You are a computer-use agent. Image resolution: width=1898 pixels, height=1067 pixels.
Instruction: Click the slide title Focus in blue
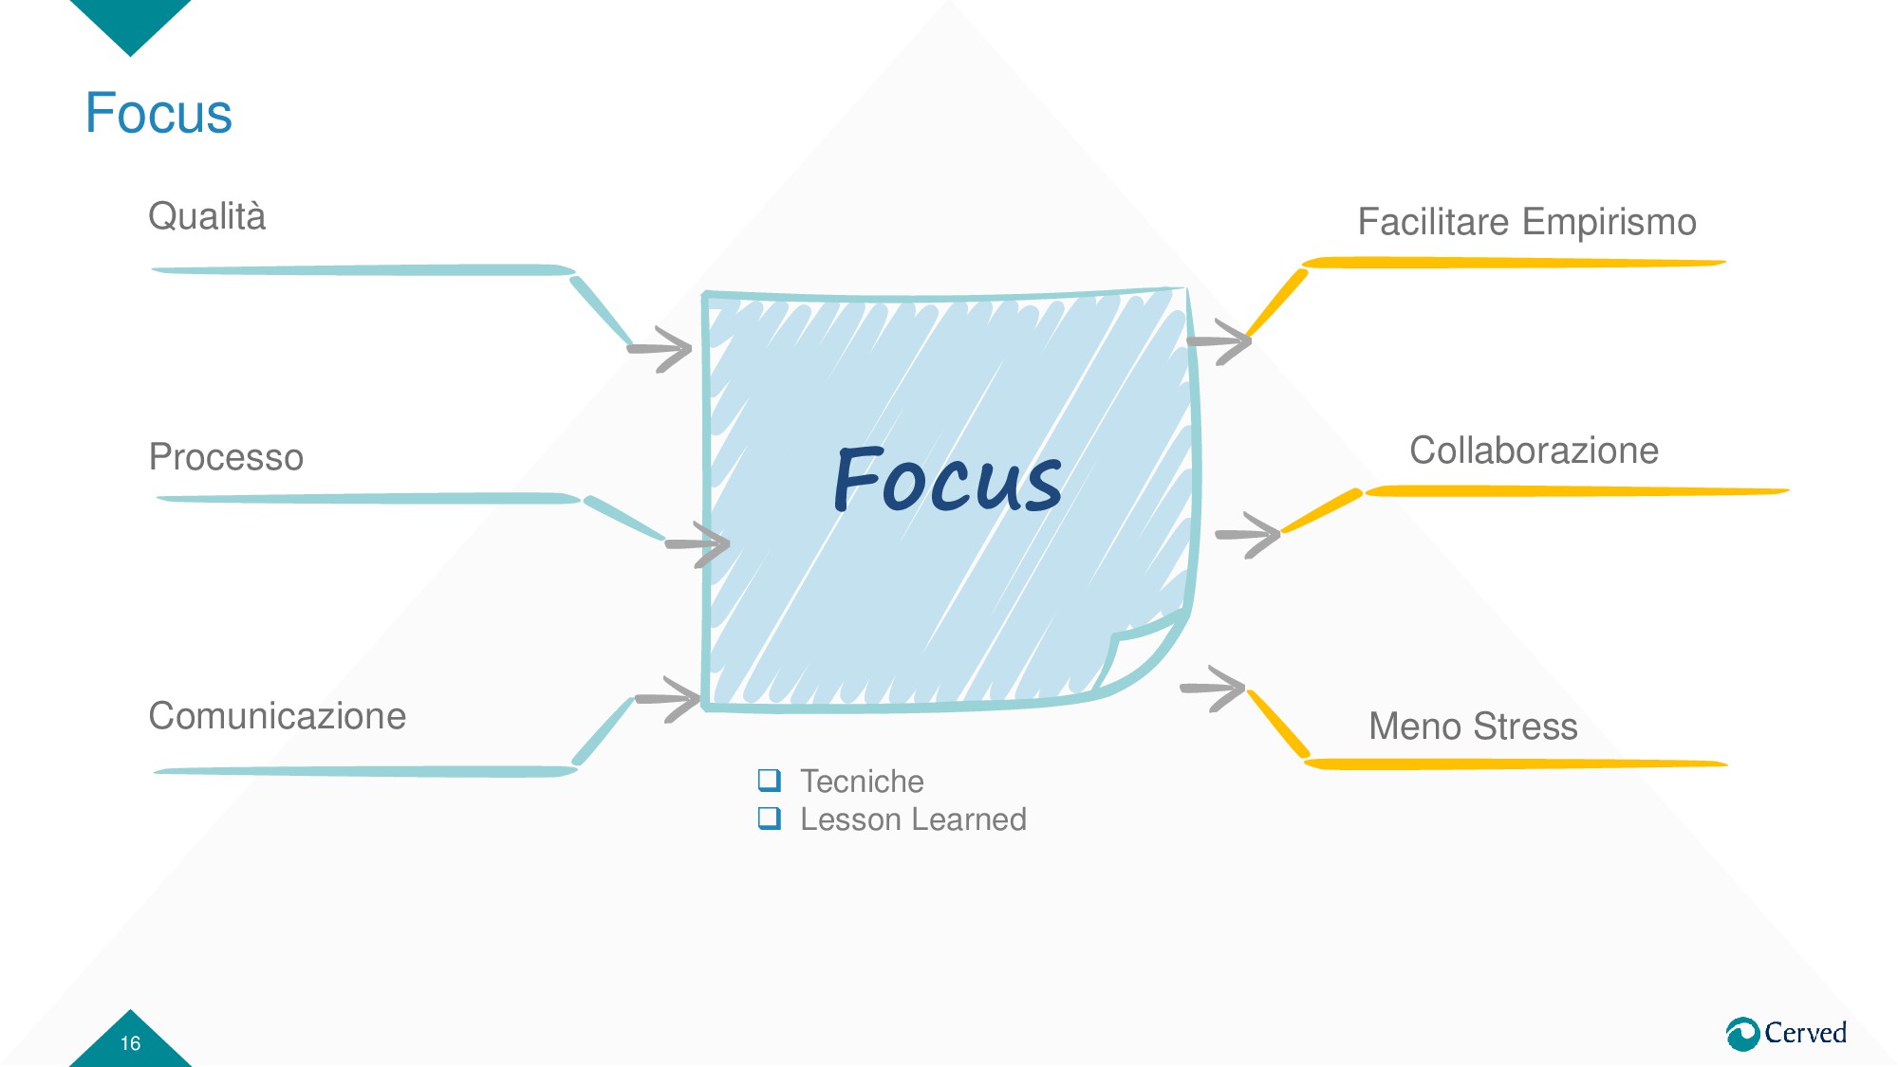158,113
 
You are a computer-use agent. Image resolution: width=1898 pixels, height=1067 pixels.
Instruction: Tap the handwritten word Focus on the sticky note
947,480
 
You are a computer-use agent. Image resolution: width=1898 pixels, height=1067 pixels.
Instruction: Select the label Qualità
207,216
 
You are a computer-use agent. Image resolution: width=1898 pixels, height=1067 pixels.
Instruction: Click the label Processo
226,457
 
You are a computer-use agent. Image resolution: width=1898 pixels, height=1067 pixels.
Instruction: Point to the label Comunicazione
277,716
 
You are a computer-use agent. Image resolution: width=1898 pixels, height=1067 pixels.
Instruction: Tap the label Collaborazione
1534,451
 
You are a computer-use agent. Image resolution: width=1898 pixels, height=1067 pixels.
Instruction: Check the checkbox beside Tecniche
770,780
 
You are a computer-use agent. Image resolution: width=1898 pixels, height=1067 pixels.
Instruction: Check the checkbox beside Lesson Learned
770,818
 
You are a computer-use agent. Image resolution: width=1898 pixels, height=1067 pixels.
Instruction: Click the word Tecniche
862,782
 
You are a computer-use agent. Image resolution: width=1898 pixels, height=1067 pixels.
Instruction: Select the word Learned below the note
971,819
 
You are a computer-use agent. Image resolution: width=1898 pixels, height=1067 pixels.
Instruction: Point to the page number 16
130,1043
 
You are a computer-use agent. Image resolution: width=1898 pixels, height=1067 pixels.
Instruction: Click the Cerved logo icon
1742,1034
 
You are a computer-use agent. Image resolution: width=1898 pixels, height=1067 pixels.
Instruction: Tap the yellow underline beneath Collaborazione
1575,491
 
